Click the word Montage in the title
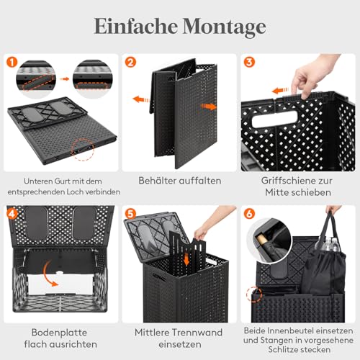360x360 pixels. [223, 27]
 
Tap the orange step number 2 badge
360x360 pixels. [130, 63]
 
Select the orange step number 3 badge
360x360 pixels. [248, 63]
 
